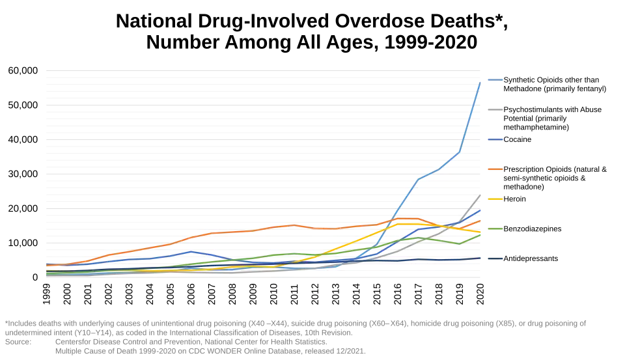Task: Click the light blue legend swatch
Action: (495, 80)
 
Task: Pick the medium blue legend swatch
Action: (495, 139)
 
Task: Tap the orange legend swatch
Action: (495, 169)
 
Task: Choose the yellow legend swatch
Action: (495, 199)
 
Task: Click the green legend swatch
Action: (495, 228)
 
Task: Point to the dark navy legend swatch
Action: (495, 258)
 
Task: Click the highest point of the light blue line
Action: (482, 80)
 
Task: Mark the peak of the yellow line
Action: (404, 223)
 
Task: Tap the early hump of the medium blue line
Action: (190, 252)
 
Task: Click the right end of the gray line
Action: (482, 193)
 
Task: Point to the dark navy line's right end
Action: (482, 258)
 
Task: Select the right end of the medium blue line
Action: (482, 211)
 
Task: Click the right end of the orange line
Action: (482, 221)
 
